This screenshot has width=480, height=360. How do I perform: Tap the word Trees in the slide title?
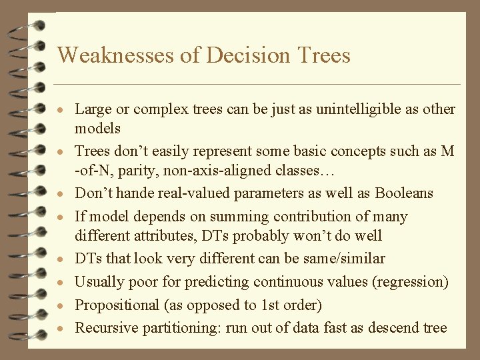[319, 55]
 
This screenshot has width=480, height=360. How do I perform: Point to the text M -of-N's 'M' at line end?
[447, 151]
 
